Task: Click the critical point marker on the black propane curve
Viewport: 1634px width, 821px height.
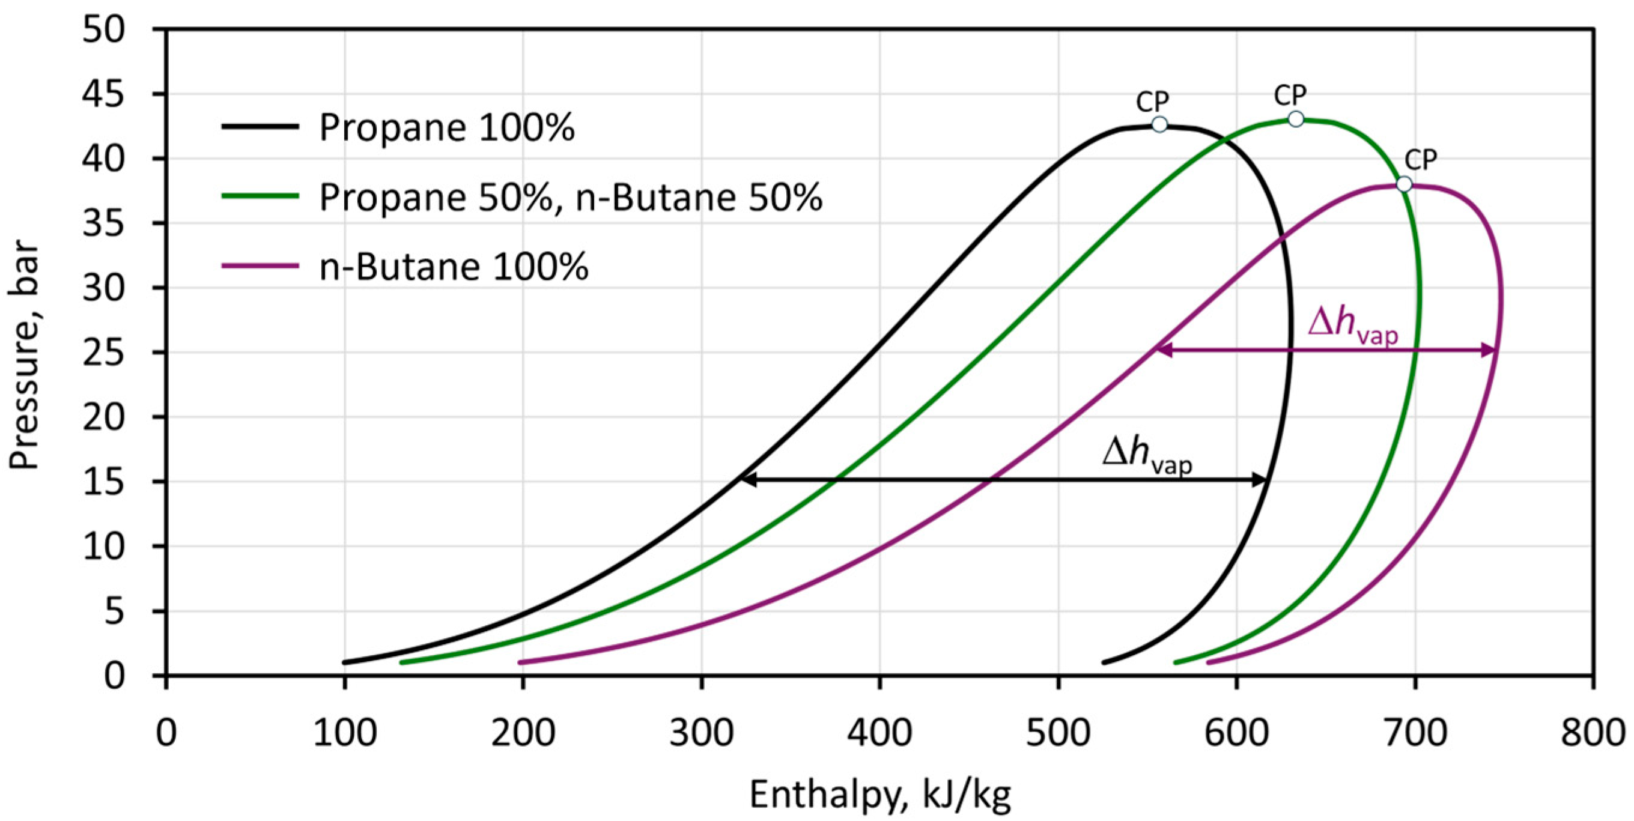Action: click(1159, 124)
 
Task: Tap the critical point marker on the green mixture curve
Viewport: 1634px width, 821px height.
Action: click(1296, 119)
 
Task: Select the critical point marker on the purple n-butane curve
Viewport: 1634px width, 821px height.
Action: click(1404, 184)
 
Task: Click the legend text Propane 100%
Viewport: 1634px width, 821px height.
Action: click(446, 127)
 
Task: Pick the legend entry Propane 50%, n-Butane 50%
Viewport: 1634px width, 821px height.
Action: click(570, 196)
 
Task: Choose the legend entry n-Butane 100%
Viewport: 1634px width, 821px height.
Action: click(454, 266)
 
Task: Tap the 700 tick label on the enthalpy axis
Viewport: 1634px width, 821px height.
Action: click(1415, 733)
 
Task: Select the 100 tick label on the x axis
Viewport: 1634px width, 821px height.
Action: click(344, 733)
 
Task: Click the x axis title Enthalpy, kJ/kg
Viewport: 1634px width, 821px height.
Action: click(881, 795)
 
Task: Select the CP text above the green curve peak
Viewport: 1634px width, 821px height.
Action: click(1290, 95)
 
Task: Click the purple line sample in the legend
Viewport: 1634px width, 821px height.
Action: click(260, 265)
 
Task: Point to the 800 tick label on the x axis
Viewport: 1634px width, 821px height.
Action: click(1593, 733)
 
